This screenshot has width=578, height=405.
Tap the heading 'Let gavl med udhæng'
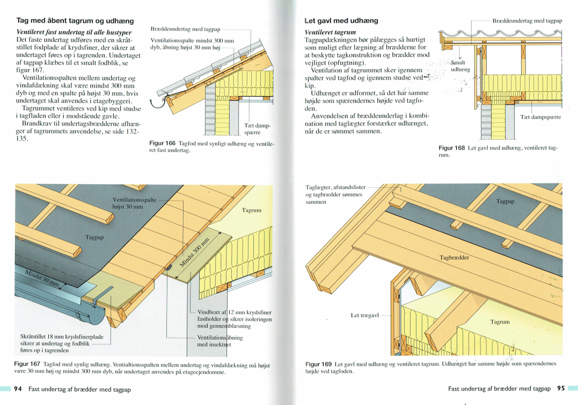(x=341, y=21)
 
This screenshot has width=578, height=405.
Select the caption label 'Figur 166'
(x=162, y=144)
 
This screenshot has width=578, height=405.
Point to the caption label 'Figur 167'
(x=28, y=364)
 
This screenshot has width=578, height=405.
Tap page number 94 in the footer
(x=18, y=389)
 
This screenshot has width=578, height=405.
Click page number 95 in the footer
(x=561, y=389)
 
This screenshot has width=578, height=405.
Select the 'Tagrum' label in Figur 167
(x=251, y=210)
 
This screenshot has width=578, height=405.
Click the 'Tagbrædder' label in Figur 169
(x=454, y=257)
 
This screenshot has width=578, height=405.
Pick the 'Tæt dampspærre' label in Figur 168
(x=540, y=116)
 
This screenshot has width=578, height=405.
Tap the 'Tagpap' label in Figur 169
(x=505, y=202)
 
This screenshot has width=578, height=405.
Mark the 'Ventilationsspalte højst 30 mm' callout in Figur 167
(x=134, y=203)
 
